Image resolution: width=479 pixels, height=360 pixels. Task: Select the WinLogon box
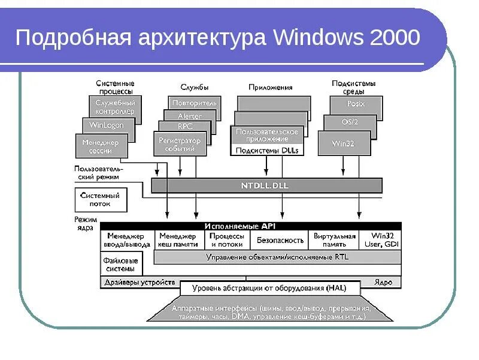tap(105, 126)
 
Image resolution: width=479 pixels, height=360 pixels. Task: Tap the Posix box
tap(356, 104)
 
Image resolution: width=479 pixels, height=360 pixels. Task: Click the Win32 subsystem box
tap(344, 145)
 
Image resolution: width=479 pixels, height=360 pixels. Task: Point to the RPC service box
tap(184, 127)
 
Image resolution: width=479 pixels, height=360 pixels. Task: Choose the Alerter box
tap(190, 116)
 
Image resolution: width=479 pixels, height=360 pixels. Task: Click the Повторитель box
tap(195, 103)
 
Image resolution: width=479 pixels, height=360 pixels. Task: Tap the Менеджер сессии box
tap(101, 146)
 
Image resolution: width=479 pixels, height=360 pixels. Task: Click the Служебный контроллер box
tap(115, 107)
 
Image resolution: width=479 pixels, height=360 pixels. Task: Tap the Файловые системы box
tap(120, 265)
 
